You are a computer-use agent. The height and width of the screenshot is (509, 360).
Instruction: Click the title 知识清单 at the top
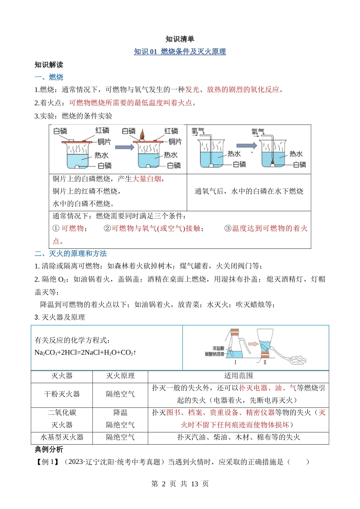tap(180, 39)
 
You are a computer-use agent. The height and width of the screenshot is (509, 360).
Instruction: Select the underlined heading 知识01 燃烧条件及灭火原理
tap(180, 52)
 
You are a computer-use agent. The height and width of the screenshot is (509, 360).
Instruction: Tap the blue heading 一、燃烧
tap(49, 77)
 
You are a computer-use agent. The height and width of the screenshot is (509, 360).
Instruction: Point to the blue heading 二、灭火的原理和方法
tap(70, 253)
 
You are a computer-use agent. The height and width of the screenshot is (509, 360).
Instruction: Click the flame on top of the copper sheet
tap(142, 134)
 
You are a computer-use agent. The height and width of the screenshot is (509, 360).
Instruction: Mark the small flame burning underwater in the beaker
tap(272, 162)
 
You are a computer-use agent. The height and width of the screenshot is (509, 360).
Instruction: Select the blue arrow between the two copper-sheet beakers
tap(124, 147)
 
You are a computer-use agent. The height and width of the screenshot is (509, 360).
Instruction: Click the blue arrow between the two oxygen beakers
tap(247, 145)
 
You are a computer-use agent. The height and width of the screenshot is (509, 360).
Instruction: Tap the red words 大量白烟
tap(147, 179)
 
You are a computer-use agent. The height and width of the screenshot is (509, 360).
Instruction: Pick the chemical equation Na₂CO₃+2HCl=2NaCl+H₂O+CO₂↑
tap(85, 353)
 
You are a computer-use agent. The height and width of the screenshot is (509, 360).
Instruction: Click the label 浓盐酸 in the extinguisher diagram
tap(218, 348)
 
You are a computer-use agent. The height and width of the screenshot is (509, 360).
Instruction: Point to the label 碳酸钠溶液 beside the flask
tap(214, 354)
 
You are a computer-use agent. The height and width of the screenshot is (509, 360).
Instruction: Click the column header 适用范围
tap(238, 376)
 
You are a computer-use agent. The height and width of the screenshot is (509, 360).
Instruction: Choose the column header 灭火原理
tap(120, 376)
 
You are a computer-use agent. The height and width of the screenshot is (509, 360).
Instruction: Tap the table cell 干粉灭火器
tap(62, 394)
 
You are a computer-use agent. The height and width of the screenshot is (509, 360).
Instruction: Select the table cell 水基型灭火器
tap(62, 437)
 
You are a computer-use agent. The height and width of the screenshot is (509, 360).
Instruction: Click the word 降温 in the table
tap(120, 412)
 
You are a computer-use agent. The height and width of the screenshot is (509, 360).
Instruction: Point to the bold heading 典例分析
tap(49, 450)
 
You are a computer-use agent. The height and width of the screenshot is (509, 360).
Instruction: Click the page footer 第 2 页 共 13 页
tap(180, 484)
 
